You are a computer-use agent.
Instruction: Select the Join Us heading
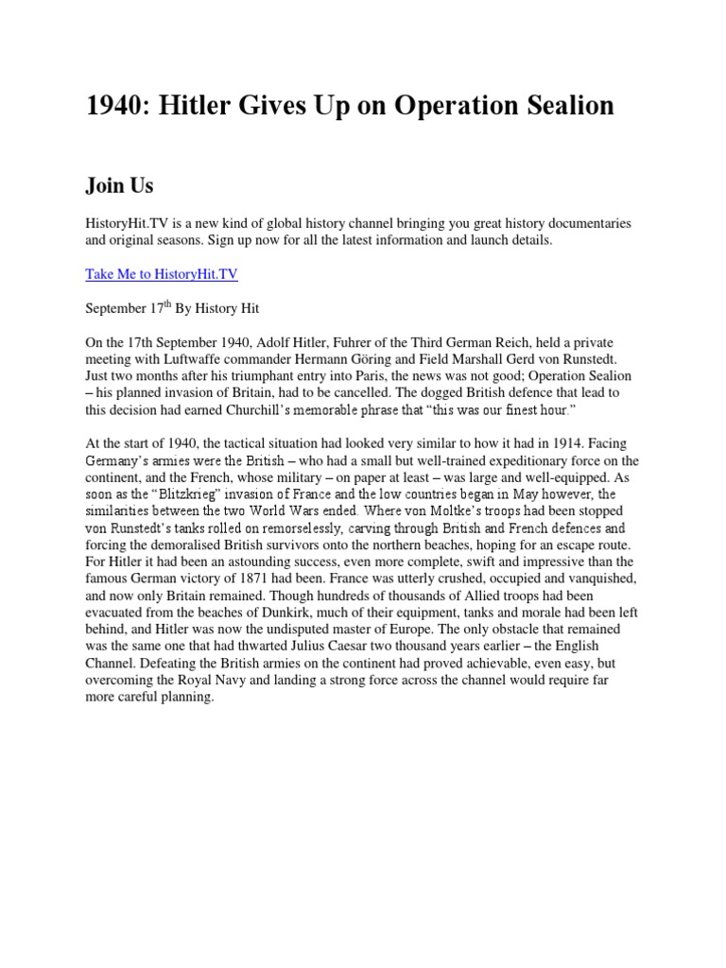(x=119, y=185)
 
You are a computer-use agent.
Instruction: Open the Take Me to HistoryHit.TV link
(x=162, y=275)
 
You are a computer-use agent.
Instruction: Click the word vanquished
(x=588, y=579)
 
